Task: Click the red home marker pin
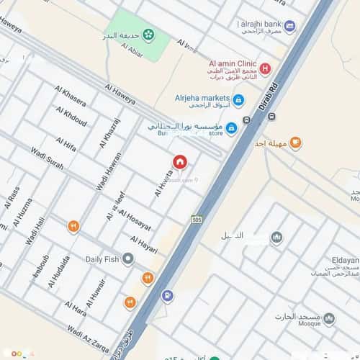pos(179,162)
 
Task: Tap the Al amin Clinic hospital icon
pos(265,68)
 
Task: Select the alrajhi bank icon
pos(289,27)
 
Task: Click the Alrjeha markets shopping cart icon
pos(239,99)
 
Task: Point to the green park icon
pos(148,33)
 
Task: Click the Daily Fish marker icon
pos(128,258)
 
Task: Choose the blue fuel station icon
pos(167,295)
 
